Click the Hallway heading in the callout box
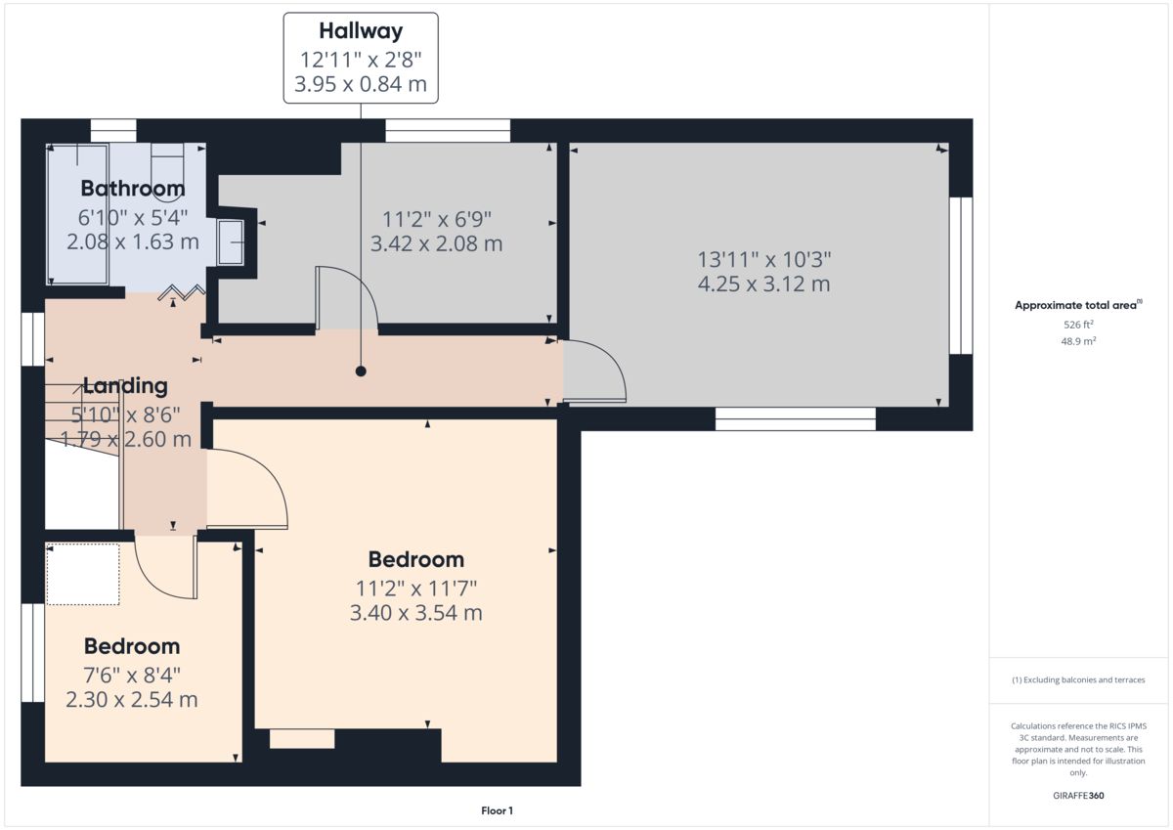[361, 31]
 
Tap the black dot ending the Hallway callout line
[361, 371]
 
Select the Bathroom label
[133, 189]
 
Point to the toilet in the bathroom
[167, 173]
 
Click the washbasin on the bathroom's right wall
[231, 241]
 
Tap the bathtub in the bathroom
[78, 215]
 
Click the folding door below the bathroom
[182, 291]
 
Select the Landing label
[126, 386]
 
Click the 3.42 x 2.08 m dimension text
[436, 243]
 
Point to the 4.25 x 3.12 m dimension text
[764, 284]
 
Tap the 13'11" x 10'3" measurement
[764, 260]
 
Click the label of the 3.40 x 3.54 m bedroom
[416, 560]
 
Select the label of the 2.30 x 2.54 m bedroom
[132, 647]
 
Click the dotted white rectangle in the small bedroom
[83, 575]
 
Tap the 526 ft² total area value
[1078, 325]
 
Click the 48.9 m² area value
[1078, 341]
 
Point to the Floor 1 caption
[497, 810]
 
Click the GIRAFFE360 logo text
[1078, 796]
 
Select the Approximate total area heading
[1078, 305]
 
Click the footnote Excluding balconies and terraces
[1078, 679]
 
